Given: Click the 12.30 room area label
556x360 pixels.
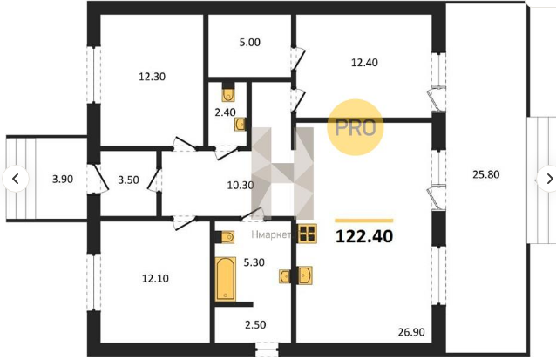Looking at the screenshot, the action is point(153,77).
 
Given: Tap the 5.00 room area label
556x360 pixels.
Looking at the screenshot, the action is point(249,42).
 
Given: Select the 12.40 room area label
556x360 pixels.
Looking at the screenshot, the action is point(364,63).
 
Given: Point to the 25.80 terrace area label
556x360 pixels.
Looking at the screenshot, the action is point(486,174).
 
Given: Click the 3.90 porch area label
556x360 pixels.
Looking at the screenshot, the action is point(63,179).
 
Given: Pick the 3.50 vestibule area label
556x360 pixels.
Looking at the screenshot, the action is point(128,180).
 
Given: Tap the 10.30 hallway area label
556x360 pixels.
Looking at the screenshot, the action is point(240,185).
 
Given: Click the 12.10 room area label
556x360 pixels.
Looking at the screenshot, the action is point(155,278).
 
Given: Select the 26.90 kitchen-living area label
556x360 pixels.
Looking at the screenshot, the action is point(411,332).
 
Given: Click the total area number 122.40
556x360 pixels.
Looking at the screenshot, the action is point(364,236).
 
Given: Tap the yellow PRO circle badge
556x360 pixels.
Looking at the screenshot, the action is point(356,127).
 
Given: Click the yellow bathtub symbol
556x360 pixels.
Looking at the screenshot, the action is point(226,279).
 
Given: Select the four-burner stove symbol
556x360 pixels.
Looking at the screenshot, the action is point(307,234).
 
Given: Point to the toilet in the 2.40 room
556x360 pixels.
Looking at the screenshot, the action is point(228,95).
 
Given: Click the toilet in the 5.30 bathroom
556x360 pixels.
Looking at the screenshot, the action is point(227,237).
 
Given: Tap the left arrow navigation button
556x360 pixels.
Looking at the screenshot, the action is point(16,179).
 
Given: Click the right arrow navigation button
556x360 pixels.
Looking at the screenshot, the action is point(547,179).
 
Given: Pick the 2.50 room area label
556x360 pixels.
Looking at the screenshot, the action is point(255,325).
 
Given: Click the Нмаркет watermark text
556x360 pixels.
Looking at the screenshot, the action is point(272,234).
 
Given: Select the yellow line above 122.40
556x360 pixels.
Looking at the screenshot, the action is point(364,221).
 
